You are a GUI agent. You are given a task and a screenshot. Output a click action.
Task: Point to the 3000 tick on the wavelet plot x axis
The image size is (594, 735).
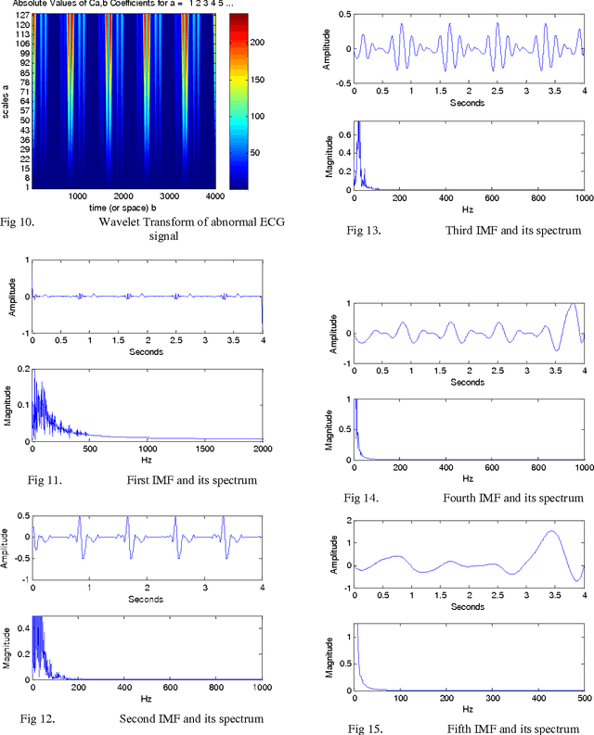pyautogui.click(x=167, y=196)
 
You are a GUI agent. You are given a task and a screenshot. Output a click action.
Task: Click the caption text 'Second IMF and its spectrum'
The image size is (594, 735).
pyautogui.click(x=191, y=718)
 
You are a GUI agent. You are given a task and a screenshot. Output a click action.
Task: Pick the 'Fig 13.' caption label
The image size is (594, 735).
pyautogui.click(x=363, y=230)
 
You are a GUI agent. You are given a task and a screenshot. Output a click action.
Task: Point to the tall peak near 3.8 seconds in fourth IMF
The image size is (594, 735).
pyautogui.click(x=574, y=305)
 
